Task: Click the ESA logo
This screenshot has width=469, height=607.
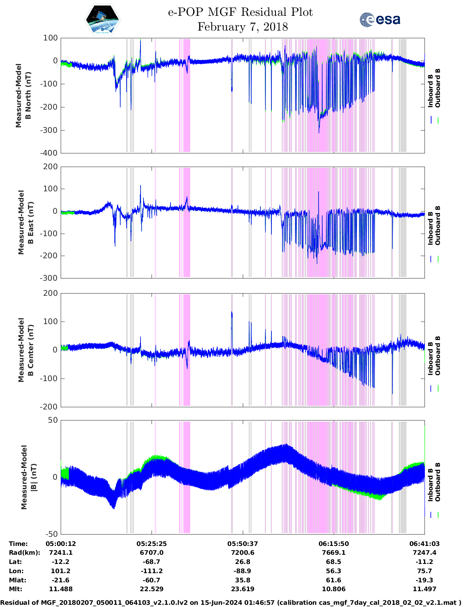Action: coord(380,19)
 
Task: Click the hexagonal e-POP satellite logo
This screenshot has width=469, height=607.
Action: coord(103,19)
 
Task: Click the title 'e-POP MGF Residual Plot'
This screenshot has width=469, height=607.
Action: coord(240,12)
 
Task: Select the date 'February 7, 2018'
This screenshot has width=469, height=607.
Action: coord(242,27)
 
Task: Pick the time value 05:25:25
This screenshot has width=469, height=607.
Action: coord(152,544)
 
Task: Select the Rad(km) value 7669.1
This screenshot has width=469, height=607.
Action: coord(333,553)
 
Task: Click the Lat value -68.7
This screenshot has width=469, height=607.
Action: coord(152,562)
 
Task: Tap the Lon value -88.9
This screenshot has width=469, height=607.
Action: coord(242,571)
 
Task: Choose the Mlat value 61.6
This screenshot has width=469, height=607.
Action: coord(333,580)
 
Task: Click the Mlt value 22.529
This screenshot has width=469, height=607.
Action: coord(152,589)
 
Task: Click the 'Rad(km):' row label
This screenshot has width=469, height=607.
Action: coord(24,553)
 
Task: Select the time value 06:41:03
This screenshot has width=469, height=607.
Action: coord(424,544)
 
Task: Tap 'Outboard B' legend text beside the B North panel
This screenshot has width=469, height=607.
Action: coord(438,88)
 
